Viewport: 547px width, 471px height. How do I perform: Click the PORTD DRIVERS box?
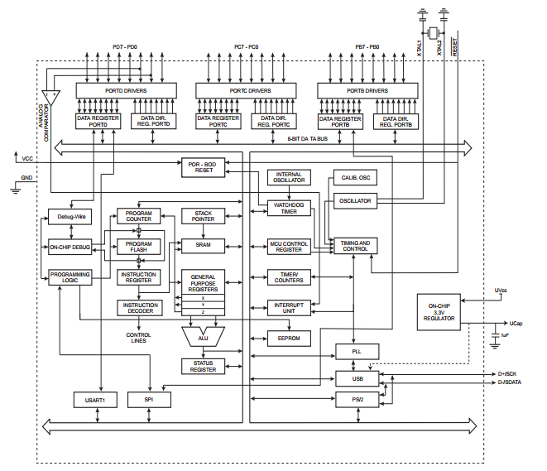point(127,90)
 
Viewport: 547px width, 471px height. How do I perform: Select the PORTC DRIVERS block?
point(245,90)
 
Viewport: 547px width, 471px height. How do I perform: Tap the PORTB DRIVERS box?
point(367,90)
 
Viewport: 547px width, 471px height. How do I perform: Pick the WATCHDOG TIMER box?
point(289,208)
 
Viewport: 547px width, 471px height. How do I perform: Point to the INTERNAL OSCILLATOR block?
point(289,177)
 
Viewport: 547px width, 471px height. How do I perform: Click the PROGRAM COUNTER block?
point(139,216)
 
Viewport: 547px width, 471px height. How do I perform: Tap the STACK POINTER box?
point(204,216)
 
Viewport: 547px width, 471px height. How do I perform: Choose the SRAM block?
point(204,245)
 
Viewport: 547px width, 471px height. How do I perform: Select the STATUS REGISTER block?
point(204,365)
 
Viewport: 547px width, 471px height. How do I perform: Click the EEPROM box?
point(289,338)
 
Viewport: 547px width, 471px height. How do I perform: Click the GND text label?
point(27,177)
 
